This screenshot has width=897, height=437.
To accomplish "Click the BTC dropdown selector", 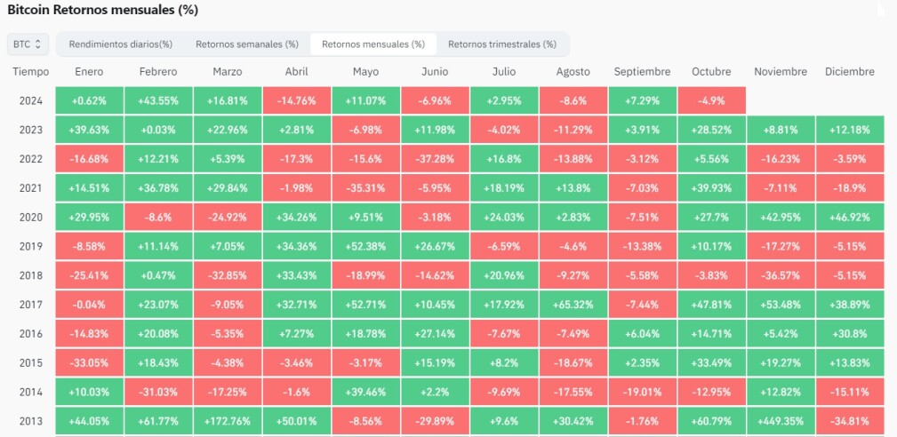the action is pos(28,44).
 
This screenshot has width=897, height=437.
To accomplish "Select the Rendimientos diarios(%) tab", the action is pos(121,44).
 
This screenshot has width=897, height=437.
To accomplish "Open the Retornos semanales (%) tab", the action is pos(247,44).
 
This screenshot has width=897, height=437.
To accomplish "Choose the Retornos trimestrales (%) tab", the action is pos(501,44).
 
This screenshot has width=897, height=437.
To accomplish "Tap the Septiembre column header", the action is pos(642,72).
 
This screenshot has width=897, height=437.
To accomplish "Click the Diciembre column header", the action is pos(850,72).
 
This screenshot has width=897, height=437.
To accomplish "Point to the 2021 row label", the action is pos(31,188).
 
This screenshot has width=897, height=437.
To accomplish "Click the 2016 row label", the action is pos(31,334).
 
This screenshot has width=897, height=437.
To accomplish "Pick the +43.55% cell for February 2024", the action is pos(158,100).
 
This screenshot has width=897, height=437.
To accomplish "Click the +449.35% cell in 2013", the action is pos(781,421).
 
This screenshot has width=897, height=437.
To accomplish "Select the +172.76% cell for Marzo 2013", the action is pos(228,421).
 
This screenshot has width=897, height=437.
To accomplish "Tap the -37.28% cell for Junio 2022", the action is pos(435,159).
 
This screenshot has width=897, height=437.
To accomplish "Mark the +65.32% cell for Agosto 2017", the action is pos(573,305).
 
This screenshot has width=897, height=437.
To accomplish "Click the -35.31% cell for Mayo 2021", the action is pos(366,188).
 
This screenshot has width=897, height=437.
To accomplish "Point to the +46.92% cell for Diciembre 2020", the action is pos(850,217).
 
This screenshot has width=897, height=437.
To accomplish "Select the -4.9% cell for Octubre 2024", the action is pos(712,100).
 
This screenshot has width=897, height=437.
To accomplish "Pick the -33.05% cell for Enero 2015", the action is pos(89,362).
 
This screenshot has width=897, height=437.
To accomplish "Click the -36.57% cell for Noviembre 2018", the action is pos(781,275).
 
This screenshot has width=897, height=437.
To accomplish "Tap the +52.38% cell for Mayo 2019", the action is pos(366,246).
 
